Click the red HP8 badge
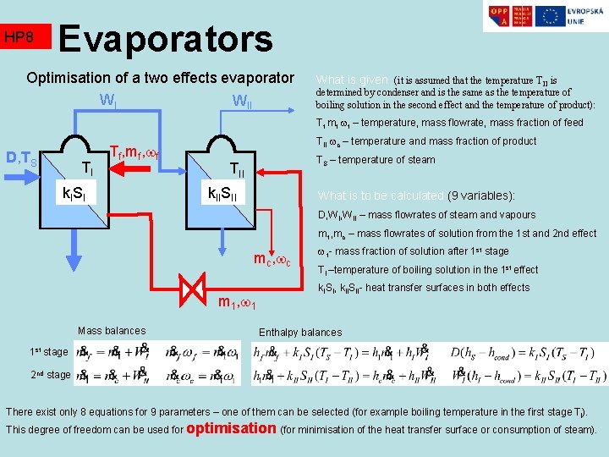[25, 37]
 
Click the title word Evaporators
[166, 38]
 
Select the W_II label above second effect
[242, 103]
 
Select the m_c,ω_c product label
[272, 258]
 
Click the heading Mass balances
[112, 331]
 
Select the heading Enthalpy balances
[299, 332]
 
